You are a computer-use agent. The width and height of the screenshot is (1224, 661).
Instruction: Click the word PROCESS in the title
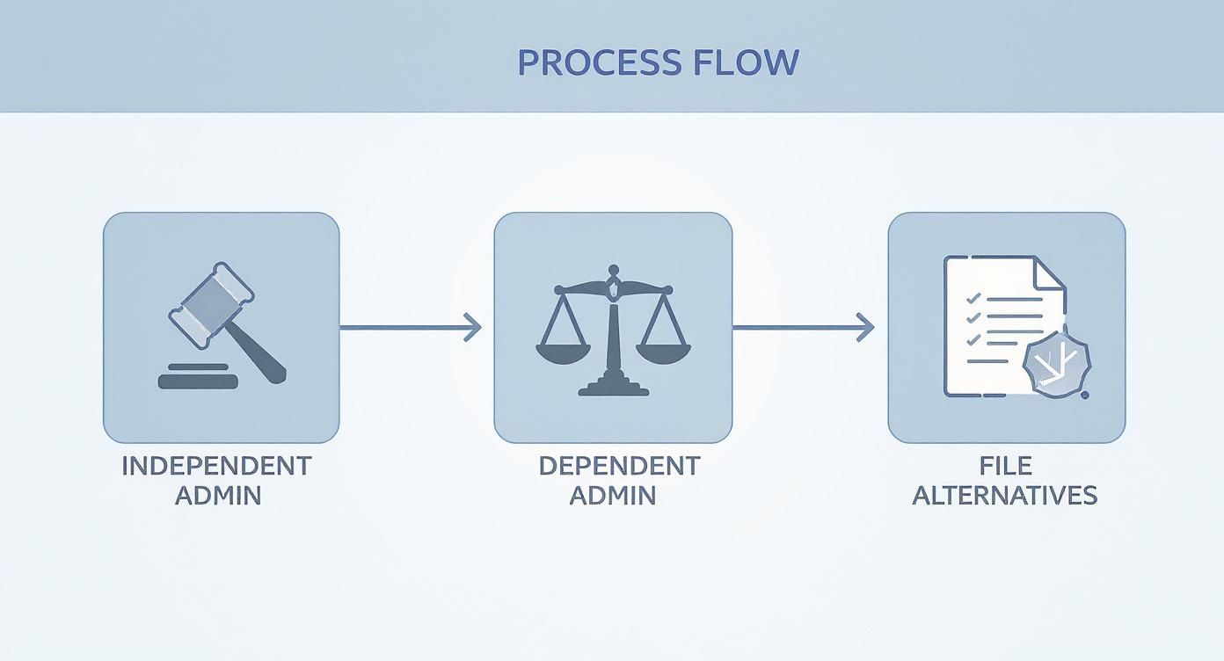pos(587,62)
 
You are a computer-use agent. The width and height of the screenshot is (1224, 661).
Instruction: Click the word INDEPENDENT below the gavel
pos(216,466)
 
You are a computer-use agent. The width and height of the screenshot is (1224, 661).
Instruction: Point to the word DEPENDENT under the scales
pos(619,466)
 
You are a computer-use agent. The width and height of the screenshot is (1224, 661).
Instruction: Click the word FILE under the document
pos(1006,466)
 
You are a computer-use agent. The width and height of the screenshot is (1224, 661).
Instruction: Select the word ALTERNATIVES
pos(1005,496)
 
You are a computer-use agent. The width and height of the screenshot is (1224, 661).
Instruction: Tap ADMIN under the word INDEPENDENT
pos(218,496)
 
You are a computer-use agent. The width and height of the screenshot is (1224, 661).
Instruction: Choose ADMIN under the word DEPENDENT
pos(613,496)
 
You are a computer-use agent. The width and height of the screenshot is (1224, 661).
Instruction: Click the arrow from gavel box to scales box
pos(410,328)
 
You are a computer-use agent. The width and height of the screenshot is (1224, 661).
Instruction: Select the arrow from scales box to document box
pos(802,328)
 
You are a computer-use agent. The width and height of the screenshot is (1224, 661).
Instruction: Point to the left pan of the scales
pos(564,352)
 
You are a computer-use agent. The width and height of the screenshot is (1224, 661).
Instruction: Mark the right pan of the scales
pos(663,352)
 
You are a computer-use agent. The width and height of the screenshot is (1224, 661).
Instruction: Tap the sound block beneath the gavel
pos(198,380)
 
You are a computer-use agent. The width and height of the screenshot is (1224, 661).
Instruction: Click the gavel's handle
pos(262,353)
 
